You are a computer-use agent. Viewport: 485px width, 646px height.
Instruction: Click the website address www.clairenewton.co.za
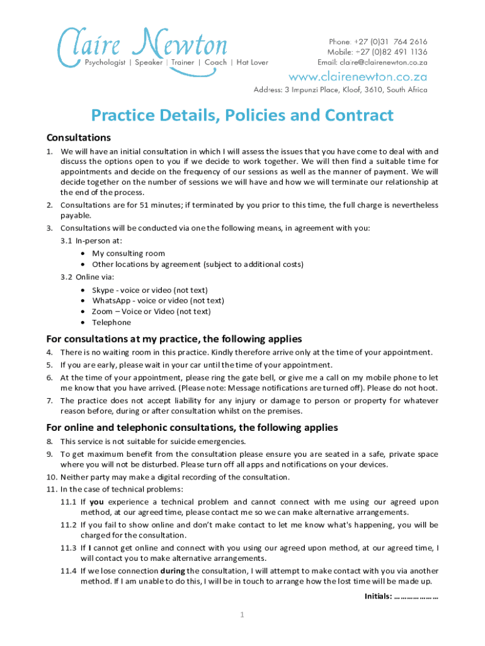(358, 77)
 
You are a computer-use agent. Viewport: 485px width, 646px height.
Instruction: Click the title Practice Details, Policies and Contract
(243, 115)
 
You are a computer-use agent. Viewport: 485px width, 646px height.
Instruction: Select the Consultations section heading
(79, 138)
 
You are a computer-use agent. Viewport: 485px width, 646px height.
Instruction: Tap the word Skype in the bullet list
(103, 290)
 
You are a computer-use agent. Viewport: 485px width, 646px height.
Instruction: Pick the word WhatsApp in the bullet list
(110, 300)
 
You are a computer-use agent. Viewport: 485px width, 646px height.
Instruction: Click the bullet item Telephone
(111, 322)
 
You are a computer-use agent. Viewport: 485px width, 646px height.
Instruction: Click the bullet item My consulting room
(128, 254)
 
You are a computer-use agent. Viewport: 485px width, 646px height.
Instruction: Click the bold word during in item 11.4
(173, 570)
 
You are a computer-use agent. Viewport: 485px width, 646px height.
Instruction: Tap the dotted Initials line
(416, 596)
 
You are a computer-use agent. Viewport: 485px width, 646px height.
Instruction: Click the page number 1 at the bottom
(242, 615)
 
